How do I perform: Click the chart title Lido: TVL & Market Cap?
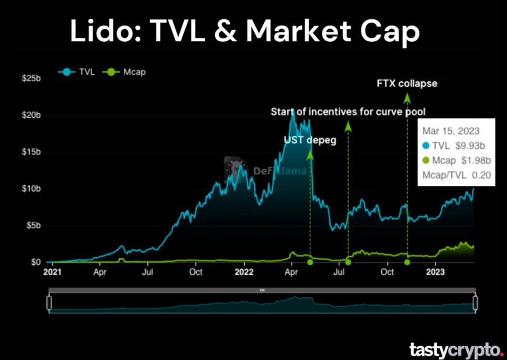(x=244, y=31)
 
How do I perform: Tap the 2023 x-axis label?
(x=436, y=271)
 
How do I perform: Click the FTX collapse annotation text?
(x=407, y=84)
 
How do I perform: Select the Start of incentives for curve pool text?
(x=352, y=111)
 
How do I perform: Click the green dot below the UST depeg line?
(x=310, y=262)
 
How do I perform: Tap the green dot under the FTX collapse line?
(x=407, y=262)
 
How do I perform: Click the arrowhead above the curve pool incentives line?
(x=348, y=125)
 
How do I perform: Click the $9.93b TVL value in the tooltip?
(x=473, y=145)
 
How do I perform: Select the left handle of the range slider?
(x=49, y=303)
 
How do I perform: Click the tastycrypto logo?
(x=455, y=350)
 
